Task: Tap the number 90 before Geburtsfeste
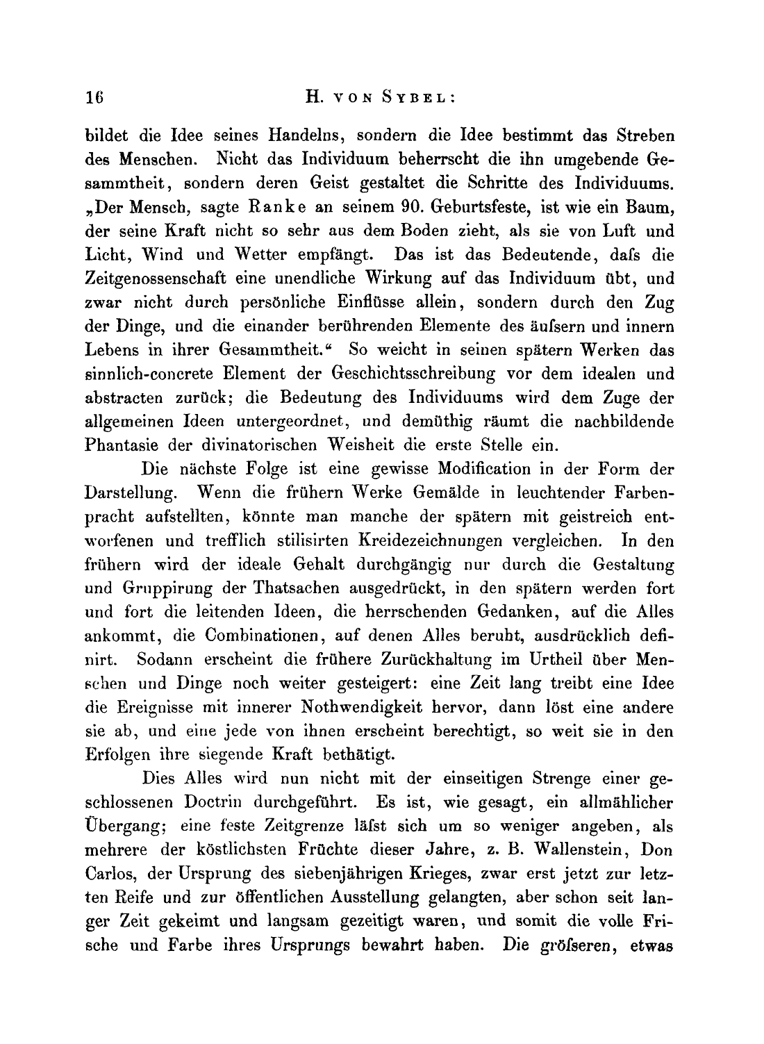[x=413, y=207]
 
